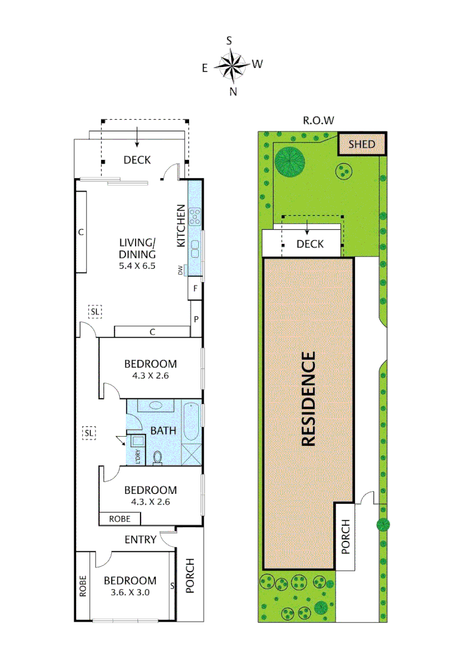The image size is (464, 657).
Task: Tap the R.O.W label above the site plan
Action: [x=319, y=120]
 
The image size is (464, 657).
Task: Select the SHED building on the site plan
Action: [x=362, y=145]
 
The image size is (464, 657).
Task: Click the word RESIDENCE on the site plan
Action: [x=308, y=399]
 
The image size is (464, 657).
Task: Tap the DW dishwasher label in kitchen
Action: [x=181, y=269]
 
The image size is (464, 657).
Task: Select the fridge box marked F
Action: [x=195, y=288]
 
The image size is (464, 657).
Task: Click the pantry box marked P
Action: [x=196, y=319]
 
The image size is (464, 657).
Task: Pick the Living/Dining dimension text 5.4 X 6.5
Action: [x=137, y=265]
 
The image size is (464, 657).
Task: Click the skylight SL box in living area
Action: [x=95, y=311]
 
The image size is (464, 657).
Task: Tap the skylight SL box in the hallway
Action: [x=89, y=433]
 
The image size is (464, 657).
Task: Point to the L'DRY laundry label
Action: [x=138, y=456]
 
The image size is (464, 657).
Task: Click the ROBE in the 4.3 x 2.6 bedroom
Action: [x=119, y=519]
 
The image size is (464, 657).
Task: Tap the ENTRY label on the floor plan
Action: [x=140, y=540]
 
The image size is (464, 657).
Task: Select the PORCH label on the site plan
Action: [x=345, y=536]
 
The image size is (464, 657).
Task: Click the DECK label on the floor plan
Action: [x=137, y=160]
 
